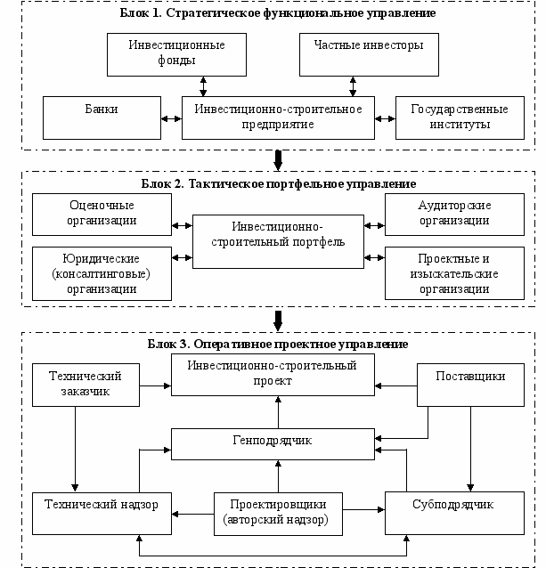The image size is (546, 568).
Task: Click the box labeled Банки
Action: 102,118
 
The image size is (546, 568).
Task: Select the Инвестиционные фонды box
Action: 177,54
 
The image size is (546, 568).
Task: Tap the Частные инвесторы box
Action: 369,54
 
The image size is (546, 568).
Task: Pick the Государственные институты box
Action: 460,118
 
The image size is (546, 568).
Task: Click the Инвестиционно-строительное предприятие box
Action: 278,118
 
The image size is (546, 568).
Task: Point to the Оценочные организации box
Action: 102,215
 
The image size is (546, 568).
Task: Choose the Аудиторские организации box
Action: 454,215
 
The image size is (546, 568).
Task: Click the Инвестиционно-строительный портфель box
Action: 278,241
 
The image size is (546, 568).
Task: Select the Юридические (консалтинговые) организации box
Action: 102,273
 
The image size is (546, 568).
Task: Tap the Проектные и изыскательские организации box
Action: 454,273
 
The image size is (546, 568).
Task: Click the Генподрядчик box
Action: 273,444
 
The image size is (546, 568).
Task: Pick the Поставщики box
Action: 470,385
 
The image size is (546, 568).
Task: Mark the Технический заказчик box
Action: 86,385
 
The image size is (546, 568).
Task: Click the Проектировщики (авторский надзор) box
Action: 278,514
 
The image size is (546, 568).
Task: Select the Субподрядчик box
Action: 454,513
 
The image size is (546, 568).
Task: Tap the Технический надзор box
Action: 102,514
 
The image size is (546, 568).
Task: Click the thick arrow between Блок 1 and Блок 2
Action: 278,160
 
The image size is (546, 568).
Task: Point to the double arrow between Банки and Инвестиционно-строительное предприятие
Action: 171,118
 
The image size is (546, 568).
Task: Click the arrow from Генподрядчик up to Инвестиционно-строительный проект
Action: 278,412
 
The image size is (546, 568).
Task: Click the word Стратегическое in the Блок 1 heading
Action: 214,13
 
